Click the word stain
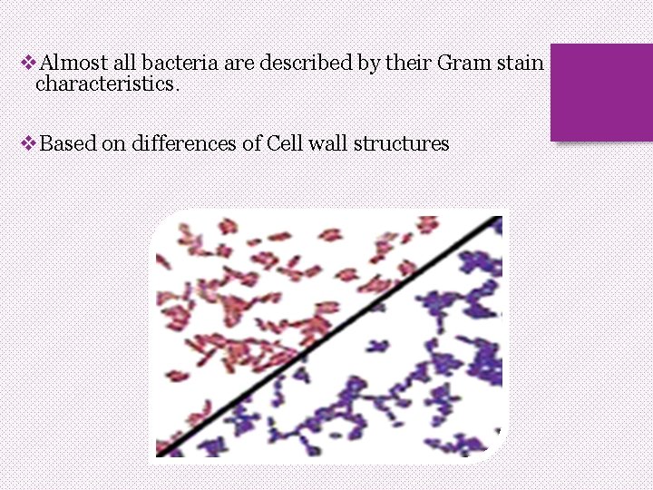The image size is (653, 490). pos(520,64)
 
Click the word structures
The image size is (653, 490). pos(402,143)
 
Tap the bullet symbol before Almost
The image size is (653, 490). pos(27,64)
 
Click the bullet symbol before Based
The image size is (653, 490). pos(27,143)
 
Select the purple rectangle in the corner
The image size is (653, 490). pos(601,92)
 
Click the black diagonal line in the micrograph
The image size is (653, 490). pos(326,336)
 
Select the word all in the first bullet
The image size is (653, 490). pos(126,64)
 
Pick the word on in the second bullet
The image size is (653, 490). pos(113,143)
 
